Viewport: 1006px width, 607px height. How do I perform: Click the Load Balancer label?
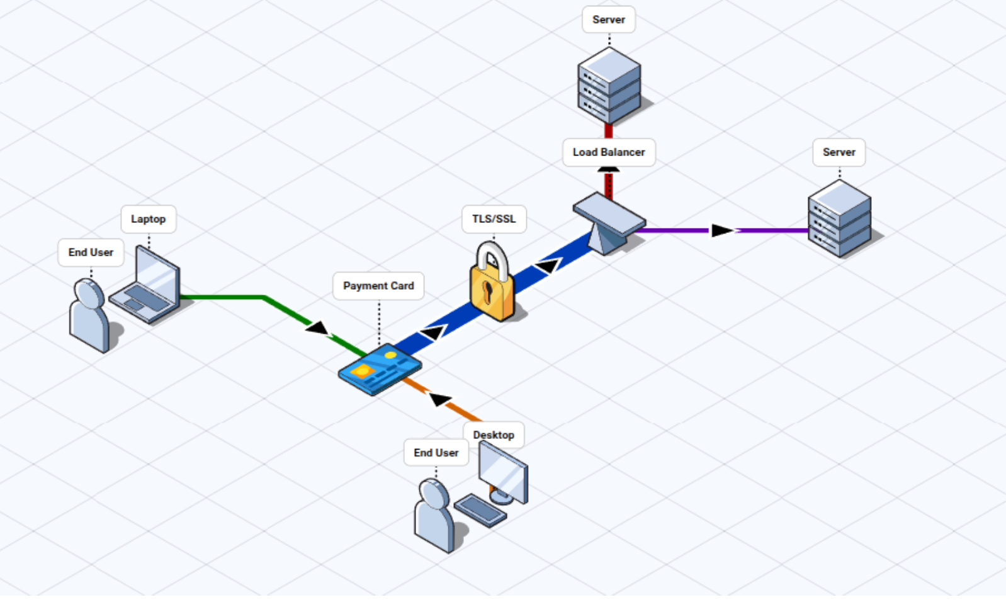tap(608, 152)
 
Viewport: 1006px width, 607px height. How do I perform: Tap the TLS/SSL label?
tap(494, 219)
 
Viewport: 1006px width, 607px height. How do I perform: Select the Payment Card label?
tap(378, 286)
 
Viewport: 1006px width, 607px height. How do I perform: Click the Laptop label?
tap(148, 219)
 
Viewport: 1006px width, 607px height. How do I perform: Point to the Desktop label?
tap(494, 434)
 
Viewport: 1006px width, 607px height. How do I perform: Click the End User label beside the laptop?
tap(91, 252)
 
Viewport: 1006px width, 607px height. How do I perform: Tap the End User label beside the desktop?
tap(436, 453)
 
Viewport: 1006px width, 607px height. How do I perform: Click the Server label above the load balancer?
tap(608, 20)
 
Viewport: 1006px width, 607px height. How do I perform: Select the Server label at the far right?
tap(839, 152)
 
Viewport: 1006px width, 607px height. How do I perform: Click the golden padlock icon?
tap(491, 285)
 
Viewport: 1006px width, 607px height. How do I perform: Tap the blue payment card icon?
tap(380, 370)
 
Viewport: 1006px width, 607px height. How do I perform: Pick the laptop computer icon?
tap(147, 286)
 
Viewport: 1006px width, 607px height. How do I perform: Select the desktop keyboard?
tap(480, 509)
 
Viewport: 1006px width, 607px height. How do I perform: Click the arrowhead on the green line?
tap(317, 327)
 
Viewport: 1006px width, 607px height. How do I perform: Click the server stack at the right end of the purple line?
tap(839, 218)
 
